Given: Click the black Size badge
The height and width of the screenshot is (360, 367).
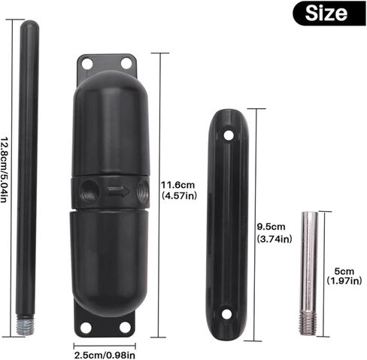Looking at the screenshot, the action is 329,14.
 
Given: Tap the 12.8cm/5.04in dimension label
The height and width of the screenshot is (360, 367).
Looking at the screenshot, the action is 4,170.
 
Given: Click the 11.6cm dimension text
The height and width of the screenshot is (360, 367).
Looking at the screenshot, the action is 177,185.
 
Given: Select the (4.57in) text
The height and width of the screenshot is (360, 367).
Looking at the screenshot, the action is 179,195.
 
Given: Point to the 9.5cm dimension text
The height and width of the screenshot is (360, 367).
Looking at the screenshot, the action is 271,227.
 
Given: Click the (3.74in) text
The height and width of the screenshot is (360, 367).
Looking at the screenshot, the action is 274,239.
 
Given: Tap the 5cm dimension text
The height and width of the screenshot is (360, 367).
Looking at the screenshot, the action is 344,271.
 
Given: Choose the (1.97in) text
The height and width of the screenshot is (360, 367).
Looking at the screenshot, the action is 344,280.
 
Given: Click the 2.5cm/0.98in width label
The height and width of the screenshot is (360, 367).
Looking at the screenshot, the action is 105,355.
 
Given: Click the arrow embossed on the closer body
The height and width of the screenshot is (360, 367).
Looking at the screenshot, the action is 118,192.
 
